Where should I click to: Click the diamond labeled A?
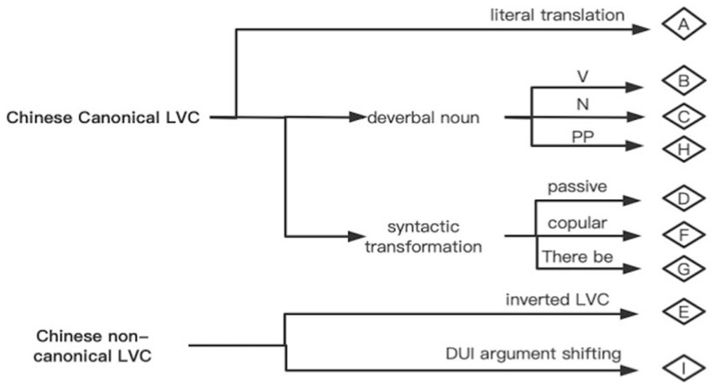[683, 25]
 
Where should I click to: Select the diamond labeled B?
[683, 82]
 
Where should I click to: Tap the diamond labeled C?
[683, 116]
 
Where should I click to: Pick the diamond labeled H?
[683, 148]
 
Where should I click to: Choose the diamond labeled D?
[683, 199]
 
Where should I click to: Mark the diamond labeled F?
[683, 233]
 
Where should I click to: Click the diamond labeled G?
[683, 268]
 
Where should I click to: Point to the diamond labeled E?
[683, 313]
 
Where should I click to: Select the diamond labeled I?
[683, 367]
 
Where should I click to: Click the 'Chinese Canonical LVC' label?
[103, 118]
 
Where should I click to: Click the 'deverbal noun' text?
[424, 118]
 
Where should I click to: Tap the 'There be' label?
[577, 257]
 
